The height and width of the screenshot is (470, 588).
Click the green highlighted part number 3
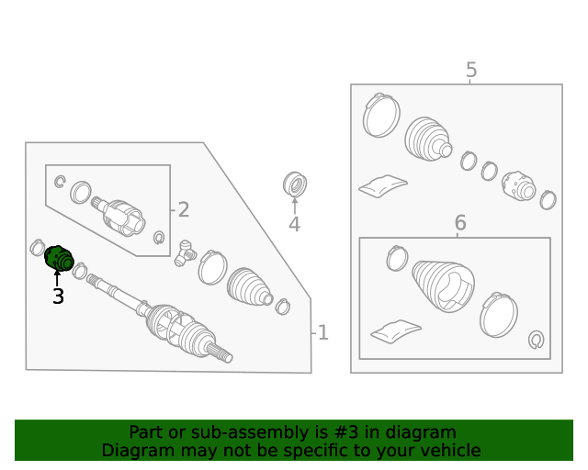(59, 258)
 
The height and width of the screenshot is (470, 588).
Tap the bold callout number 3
(58, 297)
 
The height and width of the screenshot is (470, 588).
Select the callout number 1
(322, 332)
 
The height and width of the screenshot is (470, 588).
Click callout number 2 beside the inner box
(184, 210)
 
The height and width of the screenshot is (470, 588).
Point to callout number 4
(294, 225)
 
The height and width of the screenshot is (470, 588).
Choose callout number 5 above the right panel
(471, 70)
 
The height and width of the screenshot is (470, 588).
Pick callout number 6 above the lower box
(460, 223)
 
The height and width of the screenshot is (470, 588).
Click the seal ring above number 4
(295, 184)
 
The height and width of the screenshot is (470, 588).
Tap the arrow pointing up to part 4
(295, 206)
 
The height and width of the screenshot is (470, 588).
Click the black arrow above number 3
(57, 278)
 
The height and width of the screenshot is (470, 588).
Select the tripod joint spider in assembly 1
(185, 253)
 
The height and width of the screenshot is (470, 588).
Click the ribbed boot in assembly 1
(249, 286)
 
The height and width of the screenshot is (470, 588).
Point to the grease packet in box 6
(396, 330)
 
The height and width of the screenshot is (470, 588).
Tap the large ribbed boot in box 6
(443, 285)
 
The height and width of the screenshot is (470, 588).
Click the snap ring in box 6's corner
(537, 340)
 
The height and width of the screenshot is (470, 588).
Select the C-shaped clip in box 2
(59, 182)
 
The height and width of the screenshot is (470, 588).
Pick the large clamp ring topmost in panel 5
(381, 116)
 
